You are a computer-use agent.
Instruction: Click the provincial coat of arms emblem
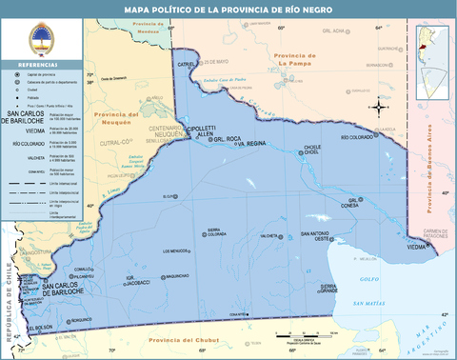(x=39, y=40)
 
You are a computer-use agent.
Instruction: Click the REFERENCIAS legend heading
(x=39, y=65)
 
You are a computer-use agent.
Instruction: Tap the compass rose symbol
(x=378, y=107)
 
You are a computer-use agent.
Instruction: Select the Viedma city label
(x=417, y=247)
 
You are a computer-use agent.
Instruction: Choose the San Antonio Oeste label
(x=317, y=234)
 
